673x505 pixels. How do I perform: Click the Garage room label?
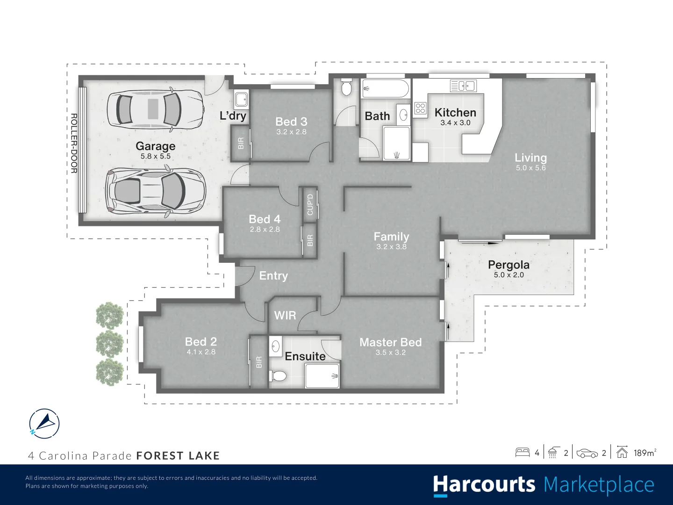[155, 146]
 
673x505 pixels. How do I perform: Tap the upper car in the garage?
[155, 108]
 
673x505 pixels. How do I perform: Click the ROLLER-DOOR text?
[74, 143]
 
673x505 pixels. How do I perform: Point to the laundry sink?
[241, 100]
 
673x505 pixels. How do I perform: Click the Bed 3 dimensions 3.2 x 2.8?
[291, 132]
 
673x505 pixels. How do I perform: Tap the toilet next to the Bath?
[346, 87]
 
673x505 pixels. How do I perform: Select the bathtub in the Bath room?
[385, 88]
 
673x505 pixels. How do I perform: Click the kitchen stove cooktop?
[420, 108]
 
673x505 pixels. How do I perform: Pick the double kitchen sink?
[463, 86]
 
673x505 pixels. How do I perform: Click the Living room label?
[530, 158]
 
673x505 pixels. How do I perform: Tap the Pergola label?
[508, 265]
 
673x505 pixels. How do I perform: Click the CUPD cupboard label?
[310, 204]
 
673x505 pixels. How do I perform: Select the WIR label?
[285, 315]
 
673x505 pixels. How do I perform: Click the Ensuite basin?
[276, 346]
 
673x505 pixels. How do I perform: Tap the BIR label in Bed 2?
[259, 362]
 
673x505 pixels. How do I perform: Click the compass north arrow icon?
[44, 424]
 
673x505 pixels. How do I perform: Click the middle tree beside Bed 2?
[110, 344]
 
